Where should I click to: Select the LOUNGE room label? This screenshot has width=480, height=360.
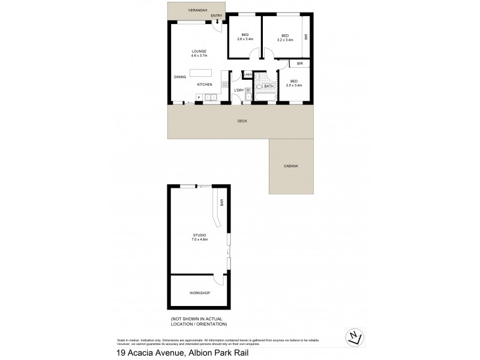pyautogui.click(x=199, y=51)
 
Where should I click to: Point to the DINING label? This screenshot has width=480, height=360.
pyautogui.click(x=180, y=77)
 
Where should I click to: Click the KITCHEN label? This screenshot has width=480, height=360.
pyautogui.click(x=205, y=85)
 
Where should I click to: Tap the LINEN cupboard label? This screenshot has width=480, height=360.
pyautogui.click(x=248, y=75)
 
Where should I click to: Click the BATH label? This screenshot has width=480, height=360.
pyautogui.click(x=268, y=86)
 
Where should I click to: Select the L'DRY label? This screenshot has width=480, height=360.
pyautogui.click(x=238, y=90)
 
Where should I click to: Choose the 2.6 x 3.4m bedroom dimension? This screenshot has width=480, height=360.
pyautogui.click(x=245, y=39)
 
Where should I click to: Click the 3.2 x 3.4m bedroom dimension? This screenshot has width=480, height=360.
pyautogui.click(x=285, y=39)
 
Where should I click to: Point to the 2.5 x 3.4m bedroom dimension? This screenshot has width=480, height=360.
pyautogui.click(x=293, y=85)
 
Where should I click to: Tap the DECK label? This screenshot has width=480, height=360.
pyautogui.click(x=242, y=121)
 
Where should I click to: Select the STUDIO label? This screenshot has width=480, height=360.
pyautogui.click(x=200, y=235)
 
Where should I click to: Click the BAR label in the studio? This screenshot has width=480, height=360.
pyautogui.click(x=221, y=203)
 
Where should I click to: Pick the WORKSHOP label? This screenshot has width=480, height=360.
pyautogui.click(x=199, y=293)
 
